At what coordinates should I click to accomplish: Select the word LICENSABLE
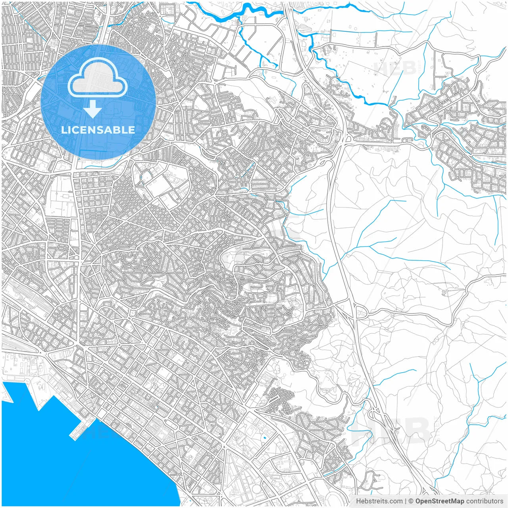(x=98, y=130)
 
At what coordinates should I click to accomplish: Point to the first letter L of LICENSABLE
(x=63, y=130)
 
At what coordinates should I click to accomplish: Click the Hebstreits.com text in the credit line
(x=379, y=501)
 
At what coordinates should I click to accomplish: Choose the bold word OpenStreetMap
(x=439, y=501)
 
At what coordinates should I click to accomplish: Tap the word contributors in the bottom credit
(x=484, y=501)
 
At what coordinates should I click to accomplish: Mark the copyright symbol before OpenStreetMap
(x=411, y=501)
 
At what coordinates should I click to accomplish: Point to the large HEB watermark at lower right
(x=391, y=431)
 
